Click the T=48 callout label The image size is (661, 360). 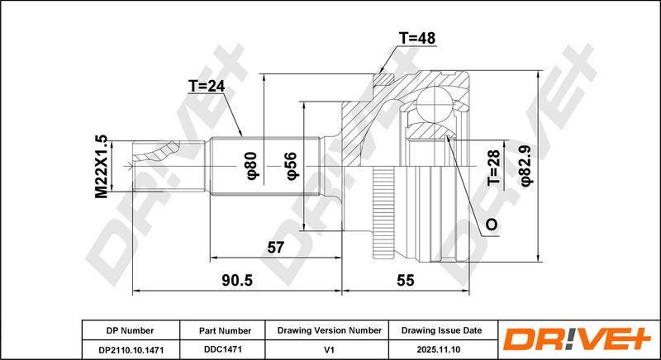pos(416,38)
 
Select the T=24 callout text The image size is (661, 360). pos(206,87)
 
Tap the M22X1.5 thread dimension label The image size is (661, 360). pos(101,167)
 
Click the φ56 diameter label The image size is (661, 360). pos(292,166)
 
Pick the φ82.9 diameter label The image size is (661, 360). pos(527,165)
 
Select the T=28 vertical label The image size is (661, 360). pos(493,168)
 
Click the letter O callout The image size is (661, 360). pos(492,225)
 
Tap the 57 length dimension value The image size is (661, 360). pos(276,248)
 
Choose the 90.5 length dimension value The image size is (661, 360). pos(237,280)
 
